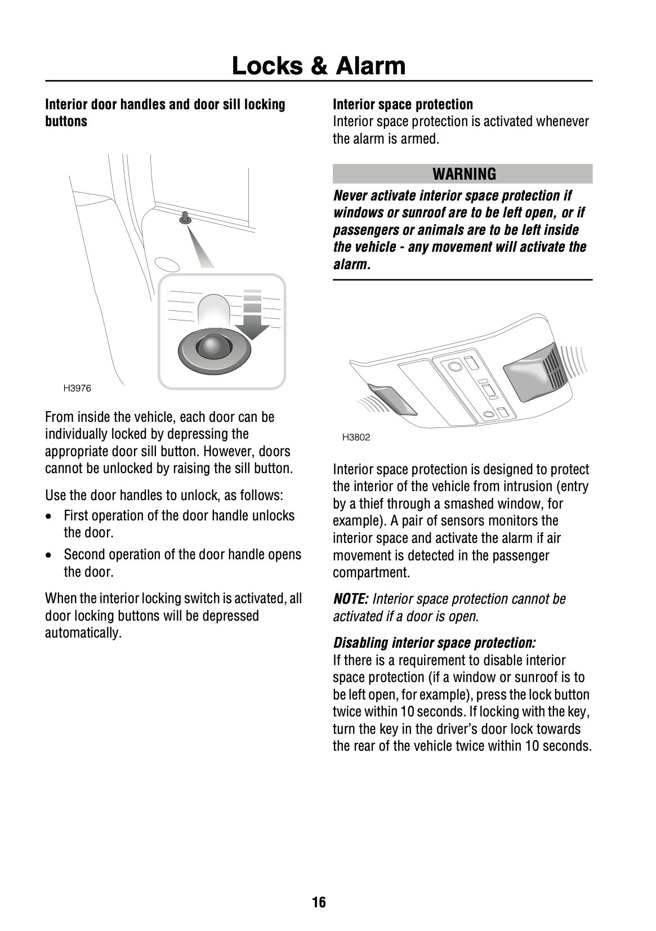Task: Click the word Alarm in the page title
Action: tap(371, 66)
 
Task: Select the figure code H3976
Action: tap(77, 388)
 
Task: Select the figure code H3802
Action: tap(356, 437)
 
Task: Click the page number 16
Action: tap(319, 902)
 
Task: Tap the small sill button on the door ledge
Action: tap(185, 218)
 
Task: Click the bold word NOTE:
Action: tap(351, 599)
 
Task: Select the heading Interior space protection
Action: tap(403, 104)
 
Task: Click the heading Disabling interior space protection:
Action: tap(434, 643)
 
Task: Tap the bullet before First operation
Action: tap(51, 516)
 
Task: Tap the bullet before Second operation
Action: tap(51, 555)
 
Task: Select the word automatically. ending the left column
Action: tap(83, 632)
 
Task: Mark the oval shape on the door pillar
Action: tap(166, 264)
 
